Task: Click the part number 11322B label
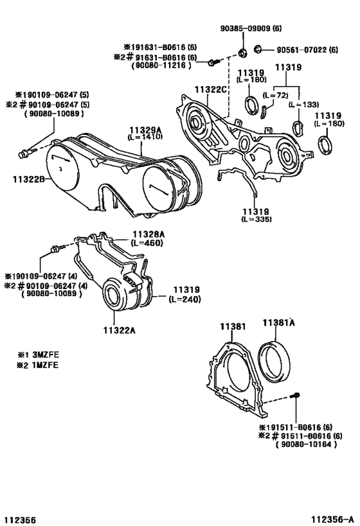coord(28,179)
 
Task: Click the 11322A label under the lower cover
coord(119,330)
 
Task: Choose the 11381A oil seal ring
coord(274,362)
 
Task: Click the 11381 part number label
coord(233,326)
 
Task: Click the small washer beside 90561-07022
coord(258,49)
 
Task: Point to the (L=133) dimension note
coord(303,104)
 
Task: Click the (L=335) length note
coord(256,219)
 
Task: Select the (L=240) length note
coord(184,299)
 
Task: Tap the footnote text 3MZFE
coord(46,355)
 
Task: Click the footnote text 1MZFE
coord(46,365)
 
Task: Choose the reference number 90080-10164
coord(306,444)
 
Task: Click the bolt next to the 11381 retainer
coord(295,396)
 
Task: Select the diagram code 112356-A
coord(332,520)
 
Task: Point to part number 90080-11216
coord(161,66)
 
